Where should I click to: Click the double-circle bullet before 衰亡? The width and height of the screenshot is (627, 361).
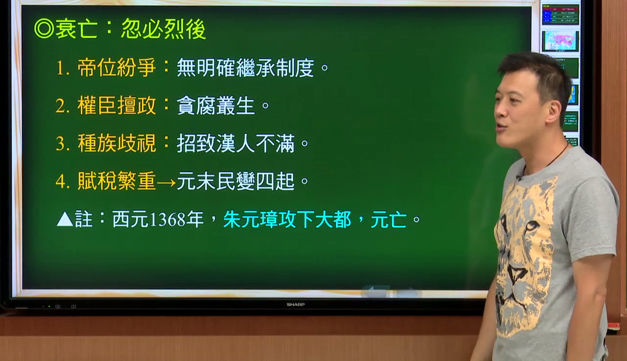[x=44, y=28]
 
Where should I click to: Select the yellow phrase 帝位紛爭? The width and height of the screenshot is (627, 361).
[x=117, y=68]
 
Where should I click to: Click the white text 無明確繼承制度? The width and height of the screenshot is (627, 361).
[x=245, y=68]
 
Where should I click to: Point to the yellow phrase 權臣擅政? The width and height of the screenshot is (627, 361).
[x=117, y=105]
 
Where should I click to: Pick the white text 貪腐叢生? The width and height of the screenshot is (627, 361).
[x=216, y=106]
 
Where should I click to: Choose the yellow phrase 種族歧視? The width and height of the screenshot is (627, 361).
[x=117, y=143]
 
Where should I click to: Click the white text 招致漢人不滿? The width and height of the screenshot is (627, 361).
[x=236, y=143]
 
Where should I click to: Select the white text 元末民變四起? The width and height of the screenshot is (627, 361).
[x=236, y=181]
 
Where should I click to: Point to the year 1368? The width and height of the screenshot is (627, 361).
[x=168, y=220]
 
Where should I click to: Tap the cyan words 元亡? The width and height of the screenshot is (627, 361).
[x=388, y=219]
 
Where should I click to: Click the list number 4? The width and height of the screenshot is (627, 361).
[x=61, y=181]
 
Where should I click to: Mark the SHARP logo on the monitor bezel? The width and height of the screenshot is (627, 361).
[x=295, y=305]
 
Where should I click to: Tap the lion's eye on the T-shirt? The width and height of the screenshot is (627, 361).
[x=532, y=226]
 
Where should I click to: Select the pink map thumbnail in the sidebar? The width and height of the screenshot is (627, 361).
[x=560, y=41]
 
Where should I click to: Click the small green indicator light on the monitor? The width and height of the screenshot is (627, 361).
[x=49, y=307]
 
